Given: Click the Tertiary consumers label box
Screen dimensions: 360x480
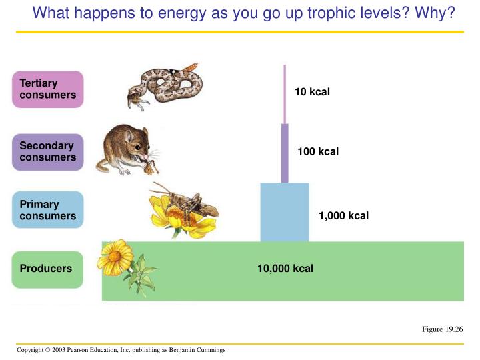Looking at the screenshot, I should pos(47,89).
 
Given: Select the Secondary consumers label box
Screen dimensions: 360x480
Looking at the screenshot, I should pos(47,152).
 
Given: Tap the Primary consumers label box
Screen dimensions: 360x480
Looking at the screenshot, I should pos(47,211).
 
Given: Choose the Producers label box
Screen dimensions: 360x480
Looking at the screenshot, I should pos(47,269).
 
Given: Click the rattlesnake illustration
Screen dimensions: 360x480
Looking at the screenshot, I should pos(163,84).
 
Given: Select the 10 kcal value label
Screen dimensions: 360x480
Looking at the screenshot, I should pos(312,92).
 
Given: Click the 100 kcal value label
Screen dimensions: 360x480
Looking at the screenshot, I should pos(318,152).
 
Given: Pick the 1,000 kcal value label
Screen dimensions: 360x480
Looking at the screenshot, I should pos(343,216).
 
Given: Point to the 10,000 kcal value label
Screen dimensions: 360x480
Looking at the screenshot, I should pos(285,269).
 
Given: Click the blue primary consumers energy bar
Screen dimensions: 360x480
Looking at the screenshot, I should pos(285,212).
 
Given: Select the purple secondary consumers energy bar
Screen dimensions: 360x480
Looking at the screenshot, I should pos(285,153).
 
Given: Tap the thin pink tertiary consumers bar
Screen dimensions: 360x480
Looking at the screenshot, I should pos(285,93).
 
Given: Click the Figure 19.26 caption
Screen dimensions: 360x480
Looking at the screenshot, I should pos(443,329).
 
